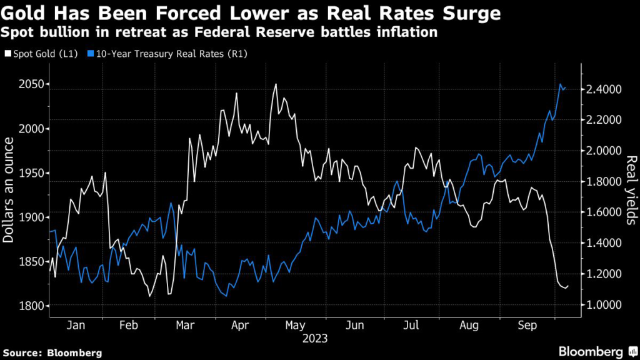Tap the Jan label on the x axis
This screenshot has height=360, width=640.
point(75,326)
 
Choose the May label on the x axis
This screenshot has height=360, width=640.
point(294,326)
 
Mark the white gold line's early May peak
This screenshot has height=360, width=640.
point(276,84)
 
